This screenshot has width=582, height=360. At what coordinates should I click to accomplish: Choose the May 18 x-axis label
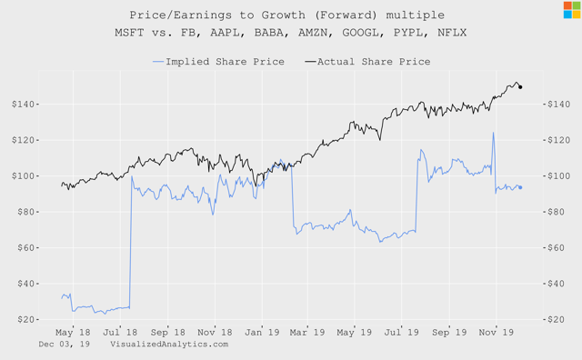[74, 333]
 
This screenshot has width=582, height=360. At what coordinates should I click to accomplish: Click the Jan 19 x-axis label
[261, 333]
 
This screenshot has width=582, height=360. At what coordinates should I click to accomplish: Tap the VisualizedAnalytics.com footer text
[169, 345]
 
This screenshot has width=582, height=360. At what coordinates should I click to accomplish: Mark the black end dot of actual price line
[520, 87]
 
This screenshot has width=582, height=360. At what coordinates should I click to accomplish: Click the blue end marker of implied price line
[520, 187]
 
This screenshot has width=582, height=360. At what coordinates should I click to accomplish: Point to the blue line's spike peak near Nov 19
[494, 133]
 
